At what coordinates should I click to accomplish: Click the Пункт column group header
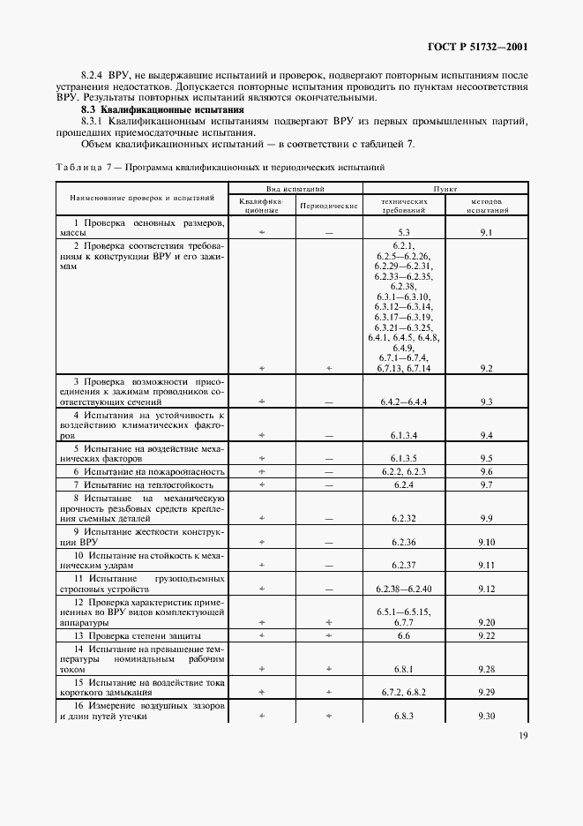[x=445, y=189]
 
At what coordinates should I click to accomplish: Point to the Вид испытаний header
[x=296, y=189]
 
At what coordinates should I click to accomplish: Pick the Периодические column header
[x=328, y=206]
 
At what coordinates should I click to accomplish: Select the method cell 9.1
[x=486, y=231]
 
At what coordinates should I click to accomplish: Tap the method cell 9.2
[x=486, y=367]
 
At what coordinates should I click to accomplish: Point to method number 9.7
[x=486, y=485]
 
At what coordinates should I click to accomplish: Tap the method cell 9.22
[x=486, y=635]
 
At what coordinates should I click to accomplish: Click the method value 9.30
[x=486, y=716]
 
